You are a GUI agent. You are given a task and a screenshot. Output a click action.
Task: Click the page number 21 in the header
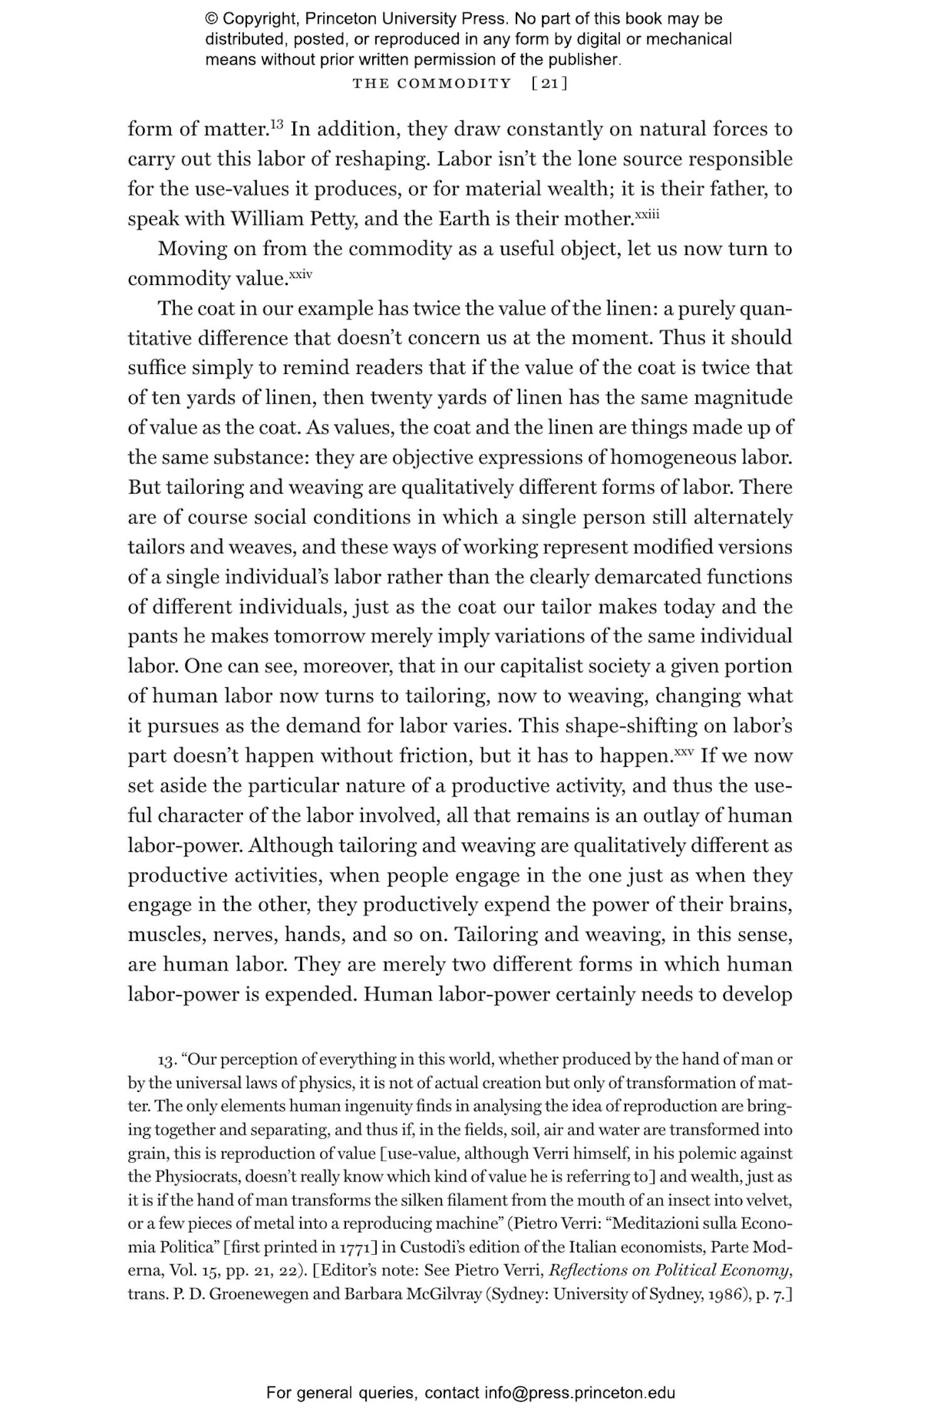549,84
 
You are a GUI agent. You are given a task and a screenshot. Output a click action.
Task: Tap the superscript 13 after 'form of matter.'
278,125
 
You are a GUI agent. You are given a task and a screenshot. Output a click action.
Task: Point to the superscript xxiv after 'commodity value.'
300,274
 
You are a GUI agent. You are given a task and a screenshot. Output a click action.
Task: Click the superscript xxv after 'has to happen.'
684,751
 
